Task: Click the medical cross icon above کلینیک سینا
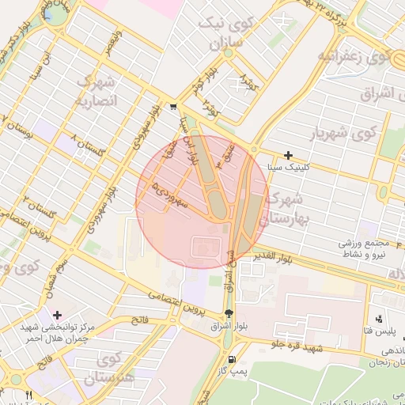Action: click(289, 156)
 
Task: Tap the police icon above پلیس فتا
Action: click(379, 319)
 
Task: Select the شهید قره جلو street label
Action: click(298, 343)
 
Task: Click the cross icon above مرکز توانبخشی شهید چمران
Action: click(57, 315)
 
